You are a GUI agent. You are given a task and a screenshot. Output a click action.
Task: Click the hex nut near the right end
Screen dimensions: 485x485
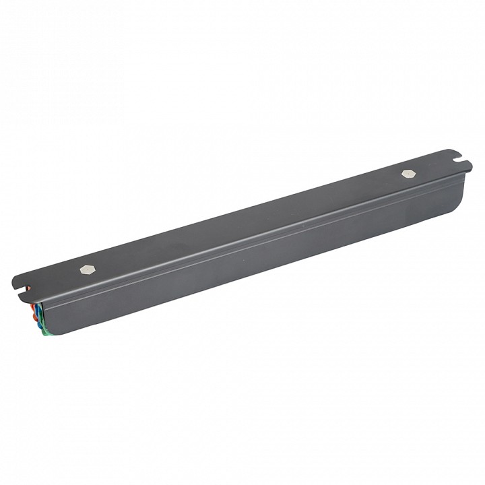(x=408, y=173)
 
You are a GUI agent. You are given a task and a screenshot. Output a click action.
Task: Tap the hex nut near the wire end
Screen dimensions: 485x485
(x=86, y=269)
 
